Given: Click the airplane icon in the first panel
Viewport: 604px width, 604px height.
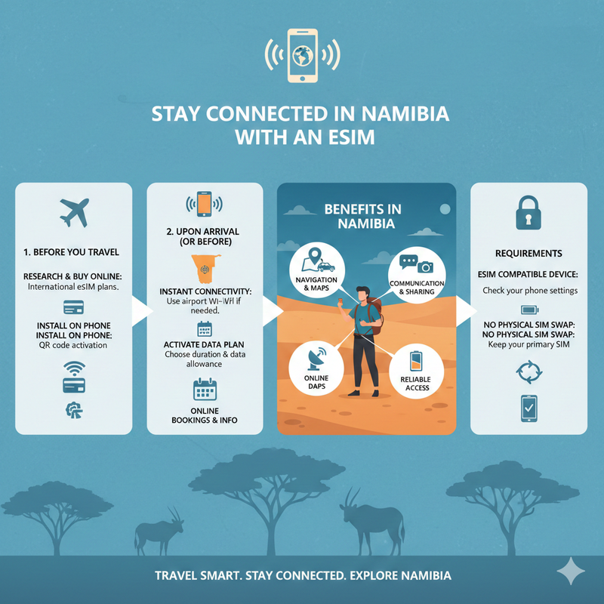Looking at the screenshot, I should [x=74, y=213].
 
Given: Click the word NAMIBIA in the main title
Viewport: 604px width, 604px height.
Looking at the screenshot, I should [x=395, y=115].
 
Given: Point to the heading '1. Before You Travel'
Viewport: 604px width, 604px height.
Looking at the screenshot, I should [x=74, y=251].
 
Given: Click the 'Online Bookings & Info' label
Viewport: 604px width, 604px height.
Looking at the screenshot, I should [x=205, y=415].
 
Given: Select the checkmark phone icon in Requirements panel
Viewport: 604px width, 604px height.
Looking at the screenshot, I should [x=528, y=408].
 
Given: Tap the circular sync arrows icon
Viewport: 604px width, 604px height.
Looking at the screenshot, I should [x=528, y=372].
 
